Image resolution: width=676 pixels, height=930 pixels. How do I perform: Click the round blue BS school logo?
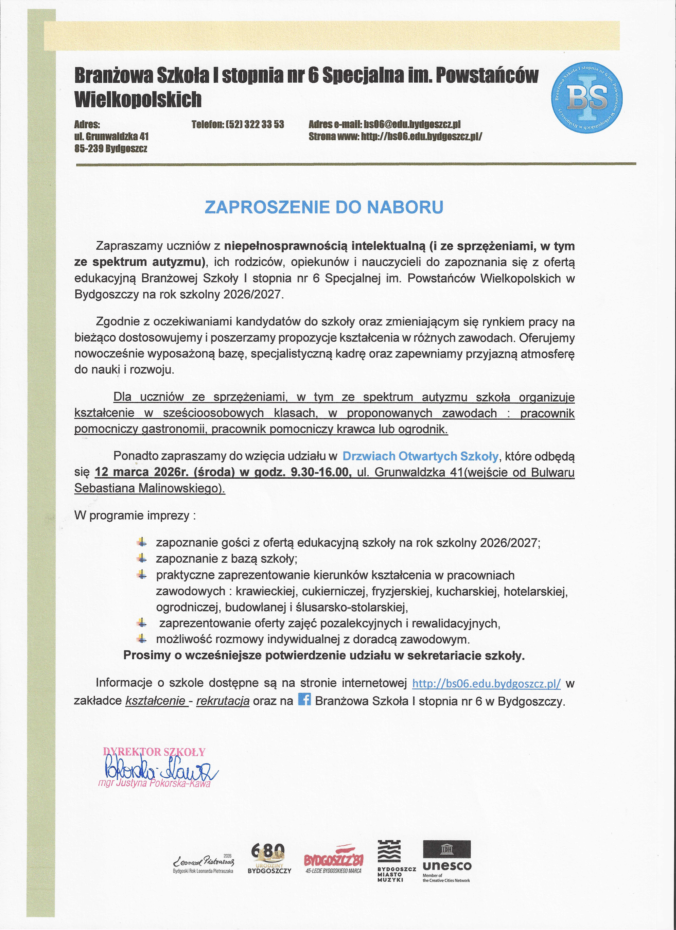tap(586, 98)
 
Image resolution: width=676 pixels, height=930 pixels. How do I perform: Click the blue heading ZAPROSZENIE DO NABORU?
tap(324, 207)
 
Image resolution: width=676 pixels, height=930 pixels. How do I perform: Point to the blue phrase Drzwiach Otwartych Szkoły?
tap(420, 456)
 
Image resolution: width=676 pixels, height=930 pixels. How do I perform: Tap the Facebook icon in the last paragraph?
tap(304, 699)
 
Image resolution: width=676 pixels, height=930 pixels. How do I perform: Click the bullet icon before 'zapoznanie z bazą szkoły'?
tap(141, 558)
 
